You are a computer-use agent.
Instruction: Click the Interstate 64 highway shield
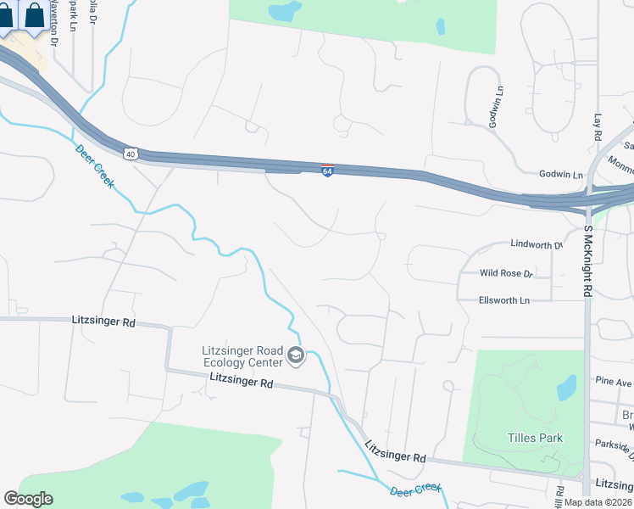[327, 171]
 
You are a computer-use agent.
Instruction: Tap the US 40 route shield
[129, 153]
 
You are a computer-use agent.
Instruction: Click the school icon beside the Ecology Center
[296, 355]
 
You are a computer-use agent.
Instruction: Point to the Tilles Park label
[535, 438]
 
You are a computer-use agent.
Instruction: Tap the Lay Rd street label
[598, 127]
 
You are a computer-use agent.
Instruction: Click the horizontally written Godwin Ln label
[561, 174]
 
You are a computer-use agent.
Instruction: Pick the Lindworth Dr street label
[537, 244]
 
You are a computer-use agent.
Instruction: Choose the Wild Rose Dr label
[505, 273]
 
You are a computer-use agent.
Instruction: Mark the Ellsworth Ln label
[503, 300]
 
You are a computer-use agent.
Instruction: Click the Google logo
[28, 499]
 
